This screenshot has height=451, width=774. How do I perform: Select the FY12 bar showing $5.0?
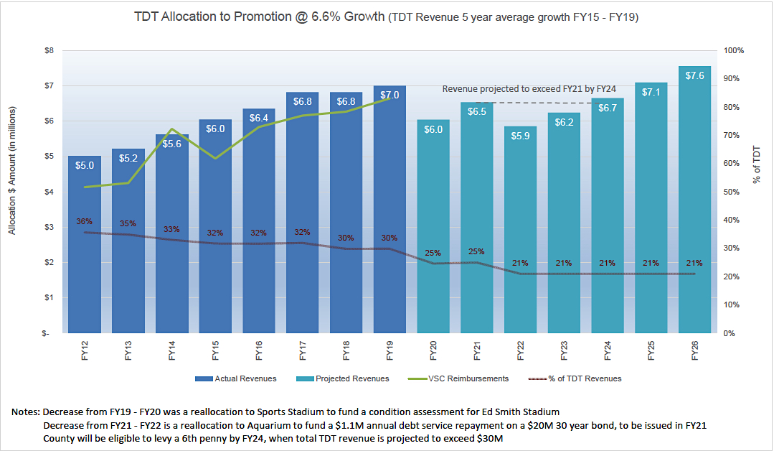click(x=85, y=244)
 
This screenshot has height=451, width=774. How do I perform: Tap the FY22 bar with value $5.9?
click(x=520, y=230)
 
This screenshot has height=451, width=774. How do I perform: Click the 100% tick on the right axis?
click(x=735, y=51)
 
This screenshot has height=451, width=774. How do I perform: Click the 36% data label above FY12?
click(x=85, y=221)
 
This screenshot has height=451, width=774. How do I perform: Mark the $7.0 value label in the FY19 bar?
click(x=390, y=95)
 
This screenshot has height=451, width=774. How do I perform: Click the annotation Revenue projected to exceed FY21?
click(x=529, y=89)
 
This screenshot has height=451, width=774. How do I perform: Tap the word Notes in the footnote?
click(x=25, y=412)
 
